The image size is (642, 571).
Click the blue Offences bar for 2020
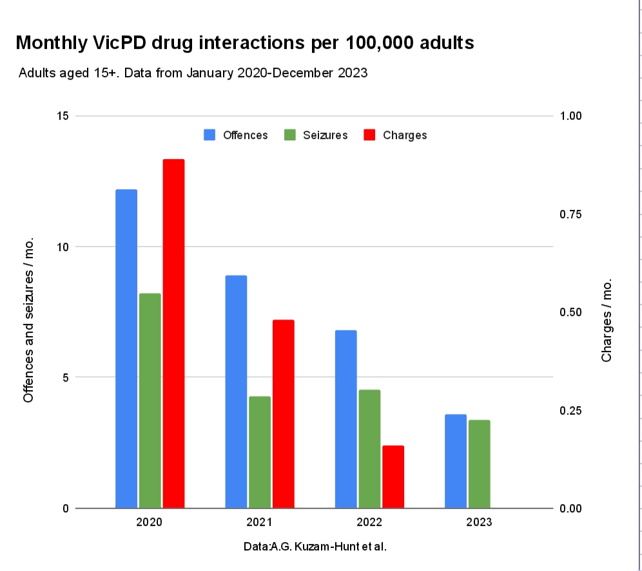[126, 348]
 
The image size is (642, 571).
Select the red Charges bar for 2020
[173, 333]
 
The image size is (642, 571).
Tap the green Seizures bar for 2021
[260, 452]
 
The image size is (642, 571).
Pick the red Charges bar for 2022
[393, 476]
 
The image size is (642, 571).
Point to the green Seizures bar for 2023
[480, 463]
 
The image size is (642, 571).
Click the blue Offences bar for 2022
[346, 418]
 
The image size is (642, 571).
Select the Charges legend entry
[395, 135]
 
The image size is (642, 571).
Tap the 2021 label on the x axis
[258, 522]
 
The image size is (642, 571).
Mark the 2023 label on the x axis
[479, 522]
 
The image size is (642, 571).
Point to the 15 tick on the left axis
[63, 116]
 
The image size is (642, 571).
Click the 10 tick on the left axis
[63, 247]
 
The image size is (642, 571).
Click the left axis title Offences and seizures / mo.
[28, 322]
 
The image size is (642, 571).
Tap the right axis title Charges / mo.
[607, 321]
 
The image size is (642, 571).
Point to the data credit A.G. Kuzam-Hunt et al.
[315, 547]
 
